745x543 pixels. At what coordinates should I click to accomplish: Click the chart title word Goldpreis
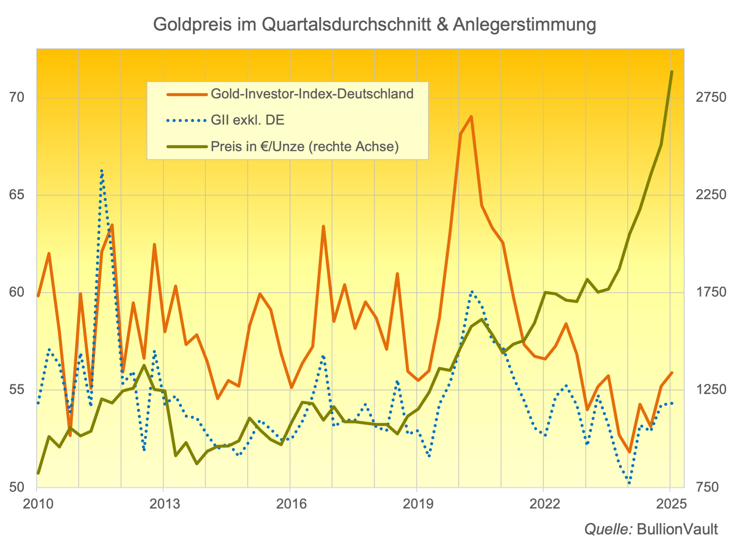192,25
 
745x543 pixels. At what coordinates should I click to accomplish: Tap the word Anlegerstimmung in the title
524,25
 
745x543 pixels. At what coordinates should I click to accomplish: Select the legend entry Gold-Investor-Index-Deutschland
312,94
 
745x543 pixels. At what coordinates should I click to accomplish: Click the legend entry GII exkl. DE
248,120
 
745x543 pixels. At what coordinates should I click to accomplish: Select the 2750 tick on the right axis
711,97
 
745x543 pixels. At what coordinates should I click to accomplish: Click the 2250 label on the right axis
711,195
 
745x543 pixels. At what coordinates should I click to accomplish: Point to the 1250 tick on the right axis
711,390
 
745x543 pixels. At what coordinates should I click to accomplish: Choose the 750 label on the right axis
707,487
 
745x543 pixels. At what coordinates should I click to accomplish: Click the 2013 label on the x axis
164,504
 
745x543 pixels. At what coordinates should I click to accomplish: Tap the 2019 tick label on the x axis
418,504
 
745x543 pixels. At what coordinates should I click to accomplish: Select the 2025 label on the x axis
671,504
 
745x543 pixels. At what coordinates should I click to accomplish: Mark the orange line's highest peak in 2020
471,117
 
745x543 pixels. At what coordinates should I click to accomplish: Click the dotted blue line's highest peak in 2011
102,171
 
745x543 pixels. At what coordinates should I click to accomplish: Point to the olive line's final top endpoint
671,72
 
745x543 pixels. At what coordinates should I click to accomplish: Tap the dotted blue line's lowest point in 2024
629,484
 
